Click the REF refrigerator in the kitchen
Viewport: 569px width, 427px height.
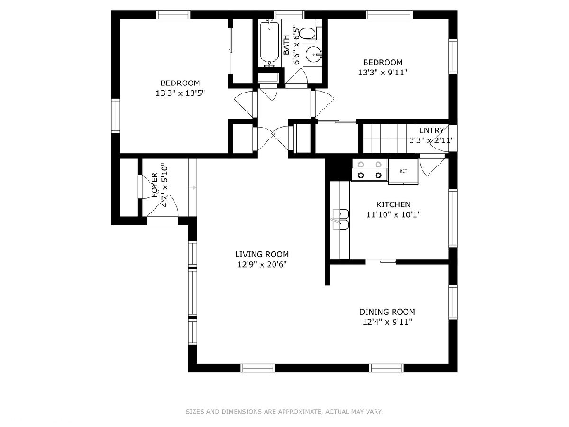click(x=403, y=171)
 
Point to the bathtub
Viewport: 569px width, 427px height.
click(x=270, y=44)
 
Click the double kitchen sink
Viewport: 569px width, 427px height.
click(x=341, y=219)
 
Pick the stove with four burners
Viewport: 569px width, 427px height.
click(x=370, y=170)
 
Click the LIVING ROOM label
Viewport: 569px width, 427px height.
click(x=262, y=254)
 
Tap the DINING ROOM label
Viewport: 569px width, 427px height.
click(x=387, y=312)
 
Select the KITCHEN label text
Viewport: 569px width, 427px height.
click(x=393, y=204)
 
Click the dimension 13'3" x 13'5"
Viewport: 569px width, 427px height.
click(x=180, y=93)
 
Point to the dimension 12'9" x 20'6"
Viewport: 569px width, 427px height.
click(x=262, y=265)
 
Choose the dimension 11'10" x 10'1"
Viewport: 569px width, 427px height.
click(x=394, y=214)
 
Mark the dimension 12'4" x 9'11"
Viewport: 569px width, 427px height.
click(x=387, y=322)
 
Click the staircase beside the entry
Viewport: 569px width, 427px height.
click(x=389, y=138)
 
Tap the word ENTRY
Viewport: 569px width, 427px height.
click(x=431, y=130)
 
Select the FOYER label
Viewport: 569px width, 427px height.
click(x=154, y=185)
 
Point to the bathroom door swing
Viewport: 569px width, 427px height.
click(x=297, y=76)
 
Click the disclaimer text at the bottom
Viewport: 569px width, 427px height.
click(x=284, y=411)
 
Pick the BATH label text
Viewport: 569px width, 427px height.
click(x=286, y=45)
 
